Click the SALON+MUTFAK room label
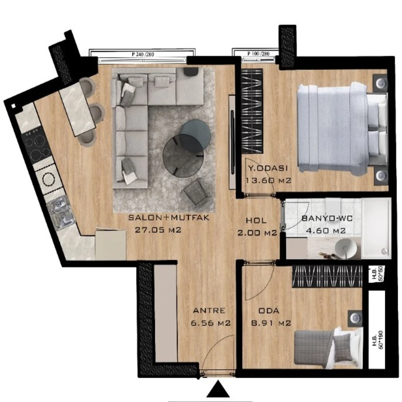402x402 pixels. pyautogui.click(x=169, y=218)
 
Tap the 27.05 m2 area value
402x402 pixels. pyautogui.click(x=158, y=230)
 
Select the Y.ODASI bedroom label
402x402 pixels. pyautogui.click(x=268, y=168)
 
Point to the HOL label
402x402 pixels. pyautogui.click(x=256, y=220)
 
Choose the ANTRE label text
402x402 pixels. pyautogui.click(x=209, y=311)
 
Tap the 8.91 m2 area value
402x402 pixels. pyautogui.click(x=271, y=323)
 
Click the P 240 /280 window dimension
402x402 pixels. pyautogui.click(x=143, y=54)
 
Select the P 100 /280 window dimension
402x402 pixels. pyautogui.click(x=258, y=54)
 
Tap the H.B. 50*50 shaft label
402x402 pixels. pyautogui.click(x=377, y=274)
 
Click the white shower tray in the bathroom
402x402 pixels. pyautogui.click(x=376, y=228)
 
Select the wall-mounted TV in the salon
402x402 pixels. pyautogui.click(x=233, y=142)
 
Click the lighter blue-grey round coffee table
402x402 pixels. pyautogui.click(x=195, y=135)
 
